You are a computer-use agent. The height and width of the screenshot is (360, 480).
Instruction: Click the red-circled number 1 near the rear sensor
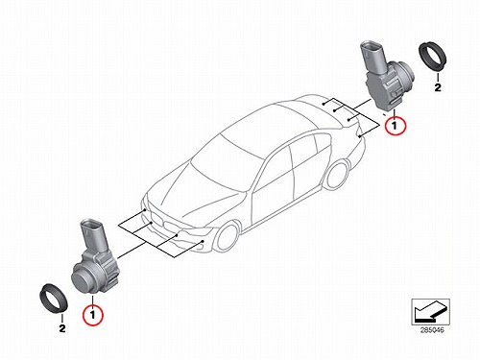[x=396, y=126]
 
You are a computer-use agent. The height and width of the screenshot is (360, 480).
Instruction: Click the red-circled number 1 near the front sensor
[x=93, y=315]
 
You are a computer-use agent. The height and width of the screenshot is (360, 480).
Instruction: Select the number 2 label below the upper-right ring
[x=438, y=87]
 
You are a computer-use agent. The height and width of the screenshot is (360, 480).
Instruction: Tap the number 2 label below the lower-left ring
[x=62, y=328]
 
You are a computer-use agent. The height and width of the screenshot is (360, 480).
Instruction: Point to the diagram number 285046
[x=432, y=330]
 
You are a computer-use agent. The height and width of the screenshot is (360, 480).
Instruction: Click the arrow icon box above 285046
[x=430, y=312]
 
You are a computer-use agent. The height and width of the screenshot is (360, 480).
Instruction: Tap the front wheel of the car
[x=227, y=237]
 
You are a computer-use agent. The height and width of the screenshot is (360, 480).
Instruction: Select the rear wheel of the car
[x=337, y=175]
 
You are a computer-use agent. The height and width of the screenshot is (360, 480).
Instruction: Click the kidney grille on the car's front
[x=167, y=225]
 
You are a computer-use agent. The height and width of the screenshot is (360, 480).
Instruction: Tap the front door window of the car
[x=276, y=170]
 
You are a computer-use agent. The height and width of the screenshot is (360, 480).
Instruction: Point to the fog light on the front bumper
[x=201, y=246]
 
